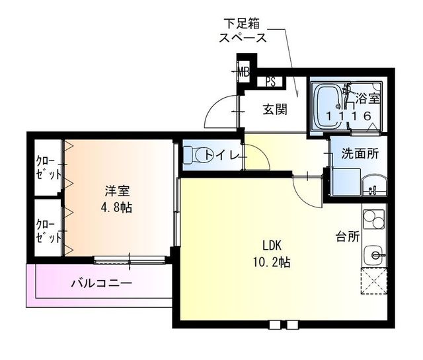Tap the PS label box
[x=271, y=82]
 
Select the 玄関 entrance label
[x=275, y=110]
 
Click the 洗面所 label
[x=360, y=154]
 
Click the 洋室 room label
[x=117, y=192]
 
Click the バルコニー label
[x=101, y=283]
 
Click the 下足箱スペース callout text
[x=243, y=31]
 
